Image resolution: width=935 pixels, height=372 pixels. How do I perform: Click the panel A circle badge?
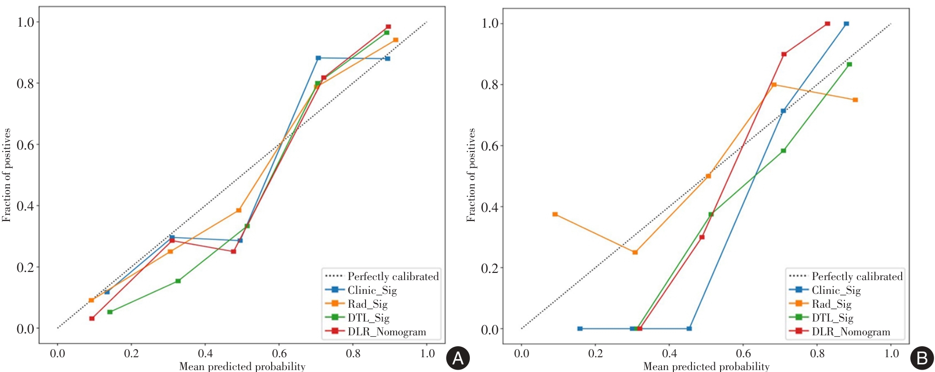[457, 358]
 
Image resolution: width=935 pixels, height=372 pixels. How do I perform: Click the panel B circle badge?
[922, 358]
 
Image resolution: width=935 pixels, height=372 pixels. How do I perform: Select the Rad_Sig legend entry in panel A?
[367, 304]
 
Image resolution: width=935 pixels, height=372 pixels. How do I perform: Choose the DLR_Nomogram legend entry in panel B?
[851, 332]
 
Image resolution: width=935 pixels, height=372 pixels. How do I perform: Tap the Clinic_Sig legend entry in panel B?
[836, 290]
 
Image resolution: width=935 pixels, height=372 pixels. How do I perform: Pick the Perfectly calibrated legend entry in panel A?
[393, 276]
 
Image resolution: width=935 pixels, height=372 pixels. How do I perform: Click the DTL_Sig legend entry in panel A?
[368, 318]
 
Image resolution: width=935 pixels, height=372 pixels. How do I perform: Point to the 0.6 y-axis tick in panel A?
[25, 145]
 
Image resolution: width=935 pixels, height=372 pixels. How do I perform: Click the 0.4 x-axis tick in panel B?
[669, 353]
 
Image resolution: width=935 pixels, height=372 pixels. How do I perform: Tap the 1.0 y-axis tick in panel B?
[489, 23]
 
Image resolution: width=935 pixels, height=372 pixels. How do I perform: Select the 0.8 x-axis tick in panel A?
[353, 353]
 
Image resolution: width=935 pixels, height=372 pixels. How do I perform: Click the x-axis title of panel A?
[242, 366]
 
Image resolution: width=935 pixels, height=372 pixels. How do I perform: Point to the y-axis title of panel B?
[471, 175]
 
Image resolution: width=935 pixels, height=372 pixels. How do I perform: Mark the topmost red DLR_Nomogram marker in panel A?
[388, 27]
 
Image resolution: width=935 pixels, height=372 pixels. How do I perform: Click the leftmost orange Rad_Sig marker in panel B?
[555, 214]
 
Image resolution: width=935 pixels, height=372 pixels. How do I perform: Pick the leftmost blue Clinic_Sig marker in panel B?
[580, 329]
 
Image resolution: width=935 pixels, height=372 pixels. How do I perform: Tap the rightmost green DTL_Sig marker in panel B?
[849, 64]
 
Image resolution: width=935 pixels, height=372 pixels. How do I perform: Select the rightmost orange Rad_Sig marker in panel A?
[396, 40]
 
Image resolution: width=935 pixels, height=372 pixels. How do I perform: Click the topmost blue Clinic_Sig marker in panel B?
[846, 24]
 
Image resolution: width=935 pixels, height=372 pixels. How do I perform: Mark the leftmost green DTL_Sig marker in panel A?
[110, 312]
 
